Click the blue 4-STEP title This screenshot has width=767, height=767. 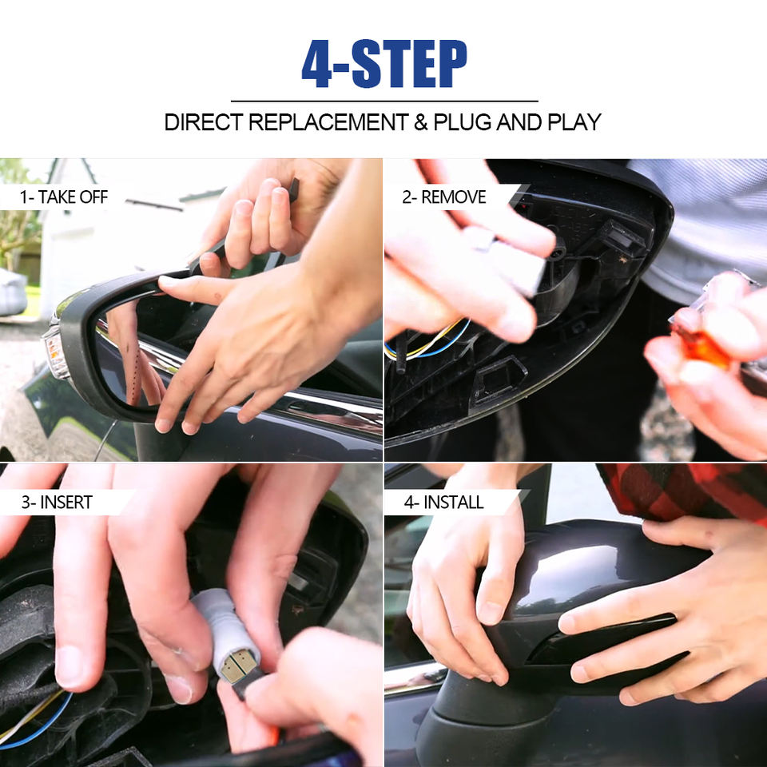384,64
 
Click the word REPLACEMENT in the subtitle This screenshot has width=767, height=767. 328,122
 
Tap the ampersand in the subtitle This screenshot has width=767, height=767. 421,122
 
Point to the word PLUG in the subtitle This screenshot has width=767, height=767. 463,122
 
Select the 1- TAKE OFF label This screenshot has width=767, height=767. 64,197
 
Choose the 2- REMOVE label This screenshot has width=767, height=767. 443,197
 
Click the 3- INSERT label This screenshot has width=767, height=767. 57,503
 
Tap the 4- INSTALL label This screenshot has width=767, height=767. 443,503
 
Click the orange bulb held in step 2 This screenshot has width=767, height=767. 701,348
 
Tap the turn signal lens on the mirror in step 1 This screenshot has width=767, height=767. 55,352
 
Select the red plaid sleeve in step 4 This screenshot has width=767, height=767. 685,491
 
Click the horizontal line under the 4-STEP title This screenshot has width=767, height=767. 384,101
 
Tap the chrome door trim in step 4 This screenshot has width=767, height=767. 415,680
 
